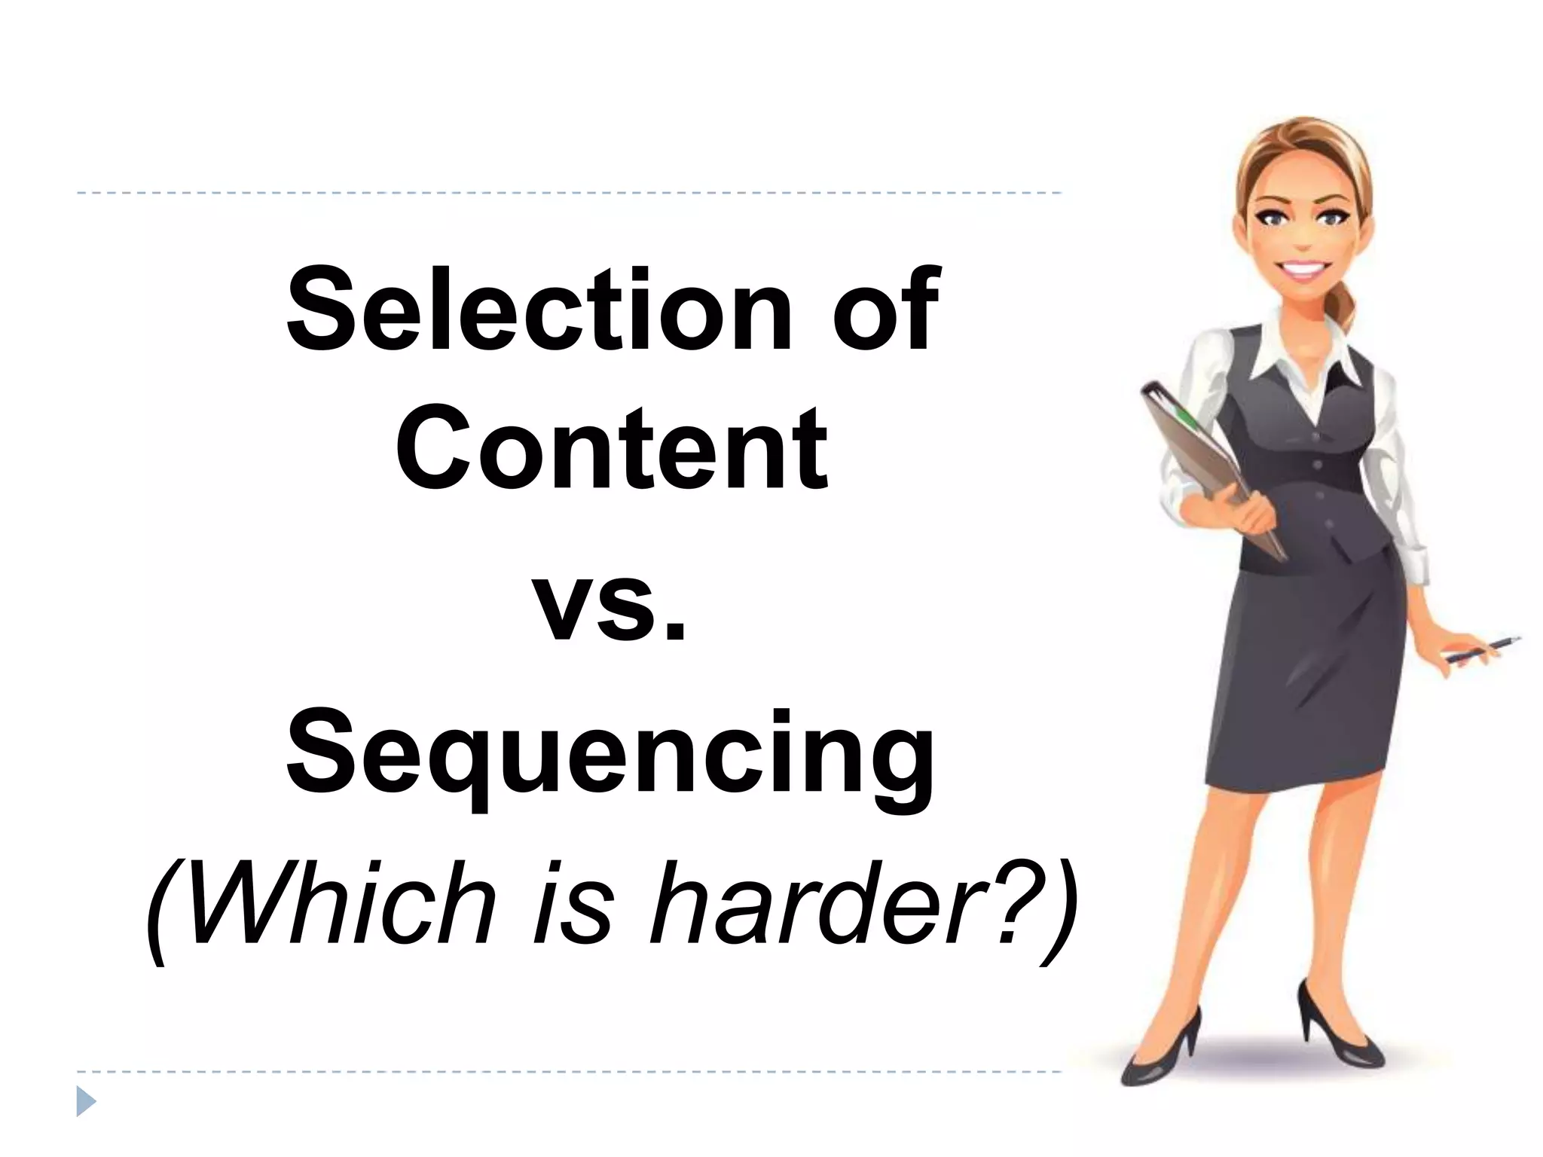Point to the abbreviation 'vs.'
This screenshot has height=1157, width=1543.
(612, 607)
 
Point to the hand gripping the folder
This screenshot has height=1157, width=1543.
(1236, 512)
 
